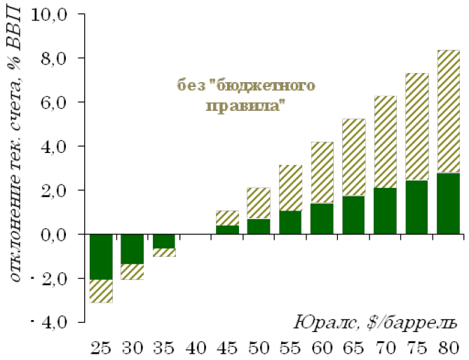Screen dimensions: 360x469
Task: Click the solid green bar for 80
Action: (x=447, y=204)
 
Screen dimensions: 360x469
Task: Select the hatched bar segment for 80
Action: (x=447, y=112)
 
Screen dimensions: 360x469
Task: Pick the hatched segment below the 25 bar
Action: (x=101, y=291)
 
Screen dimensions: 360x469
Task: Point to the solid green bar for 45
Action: (x=227, y=229)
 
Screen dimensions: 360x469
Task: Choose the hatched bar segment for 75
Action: (x=416, y=127)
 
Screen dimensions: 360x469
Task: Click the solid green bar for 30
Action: (x=132, y=249)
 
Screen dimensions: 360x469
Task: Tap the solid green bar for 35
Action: (x=164, y=241)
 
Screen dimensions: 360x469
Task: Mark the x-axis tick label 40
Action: (x=196, y=347)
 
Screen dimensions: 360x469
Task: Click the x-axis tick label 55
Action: (x=290, y=347)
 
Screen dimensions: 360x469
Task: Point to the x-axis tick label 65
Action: (x=353, y=347)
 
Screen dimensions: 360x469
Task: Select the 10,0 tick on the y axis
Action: (x=60, y=14)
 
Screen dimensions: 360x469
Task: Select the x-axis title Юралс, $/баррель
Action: (x=375, y=323)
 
